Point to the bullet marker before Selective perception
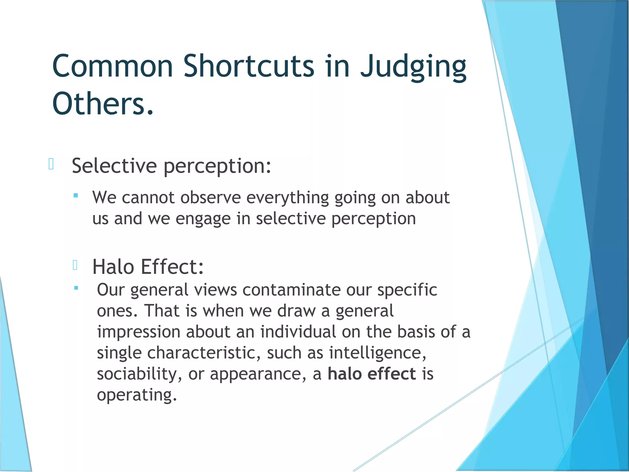click(51, 164)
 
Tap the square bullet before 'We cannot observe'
click(76, 195)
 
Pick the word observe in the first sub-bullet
click(210, 197)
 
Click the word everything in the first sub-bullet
click(287, 198)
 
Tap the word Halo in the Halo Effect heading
click(113, 267)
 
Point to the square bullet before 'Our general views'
click(76, 288)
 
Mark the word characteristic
click(201, 353)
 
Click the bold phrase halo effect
click(372, 374)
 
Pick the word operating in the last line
click(136, 395)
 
